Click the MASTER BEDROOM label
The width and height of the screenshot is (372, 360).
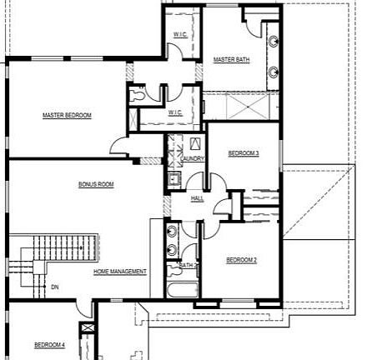[67, 115]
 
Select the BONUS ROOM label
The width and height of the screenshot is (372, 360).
[96, 184]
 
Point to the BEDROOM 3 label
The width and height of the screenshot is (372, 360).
[244, 153]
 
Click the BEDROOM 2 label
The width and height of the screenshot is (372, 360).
[241, 260]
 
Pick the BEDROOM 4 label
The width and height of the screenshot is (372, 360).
[49, 344]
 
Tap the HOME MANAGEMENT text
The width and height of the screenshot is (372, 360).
[120, 272]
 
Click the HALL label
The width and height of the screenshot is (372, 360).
[198, 198]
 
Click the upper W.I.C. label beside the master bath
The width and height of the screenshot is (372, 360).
[180, 34]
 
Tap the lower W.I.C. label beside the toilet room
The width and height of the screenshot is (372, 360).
[175, 112]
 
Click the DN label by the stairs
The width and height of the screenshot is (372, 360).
[55, 287]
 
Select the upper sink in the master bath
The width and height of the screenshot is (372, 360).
[274, 41]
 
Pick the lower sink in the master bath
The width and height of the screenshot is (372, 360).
[274, 71]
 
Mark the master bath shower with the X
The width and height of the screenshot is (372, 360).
[239, 107]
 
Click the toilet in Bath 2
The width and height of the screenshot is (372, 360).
[170, 267]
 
